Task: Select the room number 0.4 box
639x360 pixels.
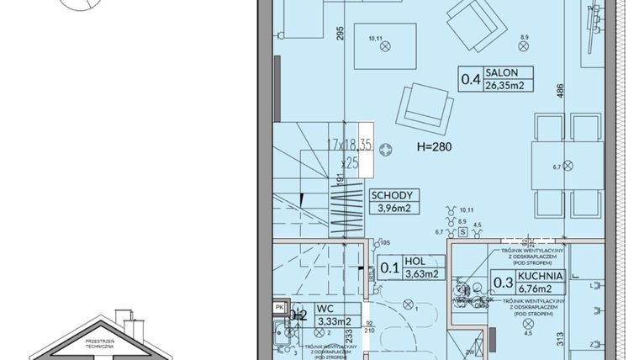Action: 470,81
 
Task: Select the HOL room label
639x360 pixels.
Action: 413,261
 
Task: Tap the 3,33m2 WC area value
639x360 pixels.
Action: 337,321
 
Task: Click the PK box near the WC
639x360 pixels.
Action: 280,308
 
